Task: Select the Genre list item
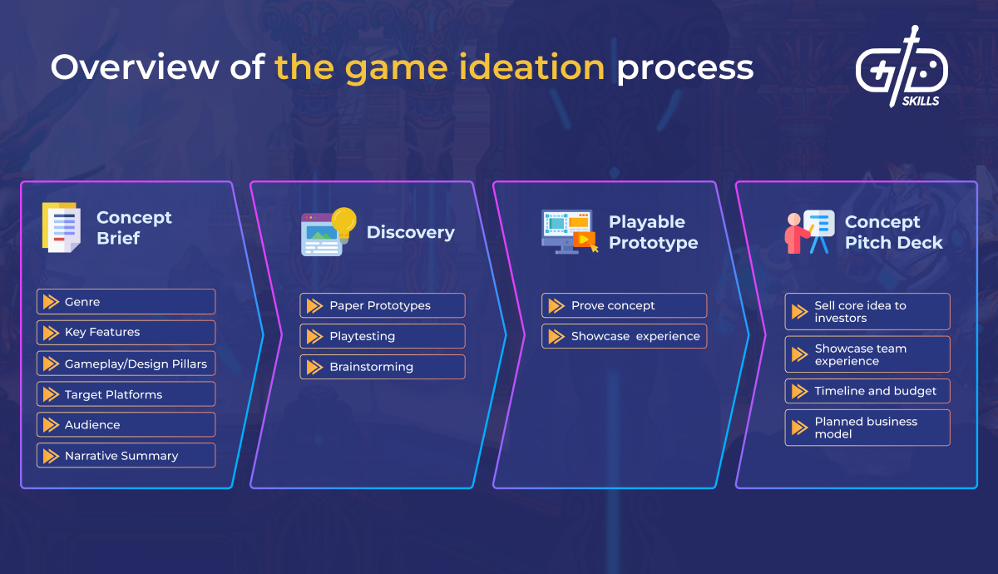pos(126,302)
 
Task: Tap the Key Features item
pos(126,332)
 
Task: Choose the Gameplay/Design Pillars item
pos(126,364)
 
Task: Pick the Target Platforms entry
pos(126,394)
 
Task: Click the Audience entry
pos(126,425)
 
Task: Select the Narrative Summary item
pos(126,456)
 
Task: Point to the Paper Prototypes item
pos(382,305)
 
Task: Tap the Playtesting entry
pos(382,336)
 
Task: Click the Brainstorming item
pos(382,367)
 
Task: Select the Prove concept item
pos(624,305)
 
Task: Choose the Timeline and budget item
pos(867,391)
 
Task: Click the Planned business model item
pos(867,428)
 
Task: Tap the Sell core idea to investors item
pos(867,311)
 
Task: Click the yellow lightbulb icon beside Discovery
pos(343,222)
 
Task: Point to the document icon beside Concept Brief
pos(62,227)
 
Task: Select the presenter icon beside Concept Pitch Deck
pos(809,231)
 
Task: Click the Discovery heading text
pos(410,232)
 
